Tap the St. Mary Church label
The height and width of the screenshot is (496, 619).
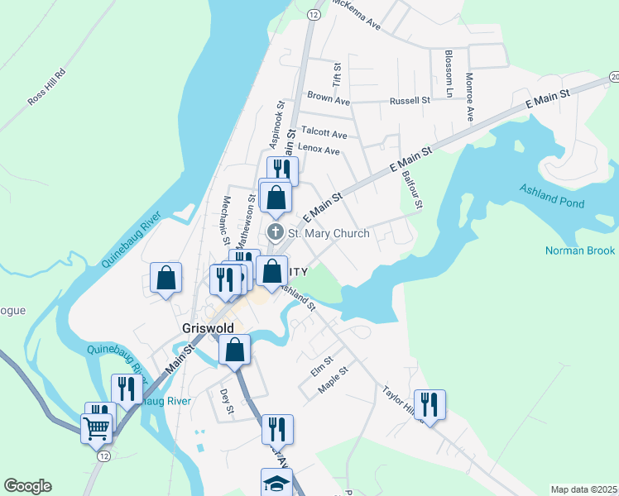(x=329, y=233)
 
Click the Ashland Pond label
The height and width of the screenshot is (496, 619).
(x=552, y=197)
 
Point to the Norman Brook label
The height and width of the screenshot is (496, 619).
(x=580, y=250)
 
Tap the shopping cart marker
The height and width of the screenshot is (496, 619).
(x=97, y=428)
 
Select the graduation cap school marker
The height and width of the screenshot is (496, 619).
(x=276, y=483)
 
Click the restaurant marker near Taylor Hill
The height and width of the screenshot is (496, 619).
(x=429, y=404)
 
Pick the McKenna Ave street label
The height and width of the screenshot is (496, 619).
(x=355, y=14)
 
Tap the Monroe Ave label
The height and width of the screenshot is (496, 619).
(x=469, y=97)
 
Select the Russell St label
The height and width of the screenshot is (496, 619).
(x=410, y=101)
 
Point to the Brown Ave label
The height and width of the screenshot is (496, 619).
(x=329, y=98)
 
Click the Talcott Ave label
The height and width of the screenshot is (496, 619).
(x=324, y=132)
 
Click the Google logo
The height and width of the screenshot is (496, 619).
(x=27, y=486)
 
